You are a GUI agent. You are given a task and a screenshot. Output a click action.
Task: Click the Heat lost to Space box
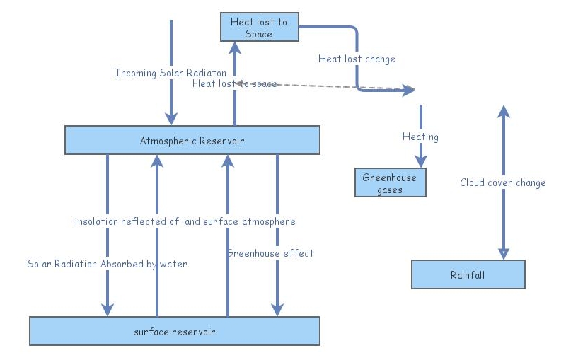point(259,28)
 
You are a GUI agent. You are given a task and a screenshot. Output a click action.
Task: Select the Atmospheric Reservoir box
point(192,140)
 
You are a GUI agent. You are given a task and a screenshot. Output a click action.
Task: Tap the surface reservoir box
point(174,331)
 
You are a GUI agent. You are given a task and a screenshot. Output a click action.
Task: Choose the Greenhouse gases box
point(391,182)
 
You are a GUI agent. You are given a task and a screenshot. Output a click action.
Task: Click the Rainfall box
point(468,274)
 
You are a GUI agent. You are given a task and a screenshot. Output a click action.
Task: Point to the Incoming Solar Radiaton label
point(171,73)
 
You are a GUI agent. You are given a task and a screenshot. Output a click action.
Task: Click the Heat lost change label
point(357,59)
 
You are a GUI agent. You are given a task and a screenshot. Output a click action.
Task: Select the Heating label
point(420,137)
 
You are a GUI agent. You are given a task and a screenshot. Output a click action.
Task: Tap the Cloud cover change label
point(503,182)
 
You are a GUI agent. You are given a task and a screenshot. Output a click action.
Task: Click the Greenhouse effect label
point(270,252)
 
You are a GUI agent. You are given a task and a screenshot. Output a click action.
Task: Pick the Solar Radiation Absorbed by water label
point(108,264)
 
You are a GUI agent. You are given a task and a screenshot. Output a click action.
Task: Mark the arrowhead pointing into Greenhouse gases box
point(421,162)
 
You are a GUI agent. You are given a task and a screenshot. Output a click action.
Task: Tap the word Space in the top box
point(259,34)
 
